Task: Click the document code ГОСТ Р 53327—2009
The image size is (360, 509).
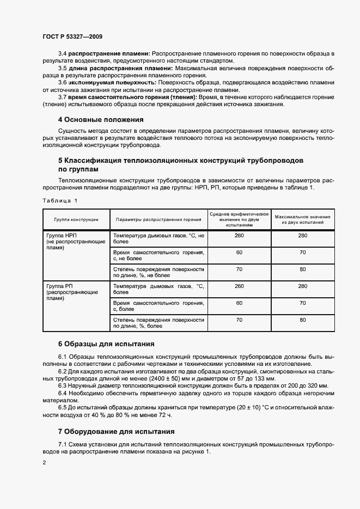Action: click(72, 36)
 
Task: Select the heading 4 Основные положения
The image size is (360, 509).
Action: click(101, 119)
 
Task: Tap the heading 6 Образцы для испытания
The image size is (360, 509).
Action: click(106, 344)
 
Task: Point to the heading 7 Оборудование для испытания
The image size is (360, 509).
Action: click(116, 432)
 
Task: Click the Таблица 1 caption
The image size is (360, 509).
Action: click(60, 200)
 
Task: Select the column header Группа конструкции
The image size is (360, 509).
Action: click(76, 219)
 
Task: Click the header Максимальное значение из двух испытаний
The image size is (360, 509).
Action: click(303, 219)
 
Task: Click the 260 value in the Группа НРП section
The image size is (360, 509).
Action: click(239, 235)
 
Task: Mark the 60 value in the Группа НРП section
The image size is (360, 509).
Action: click(239, 252)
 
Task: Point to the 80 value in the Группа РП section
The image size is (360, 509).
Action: click(303, 320)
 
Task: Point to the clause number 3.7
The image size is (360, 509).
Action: click(62, 96)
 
